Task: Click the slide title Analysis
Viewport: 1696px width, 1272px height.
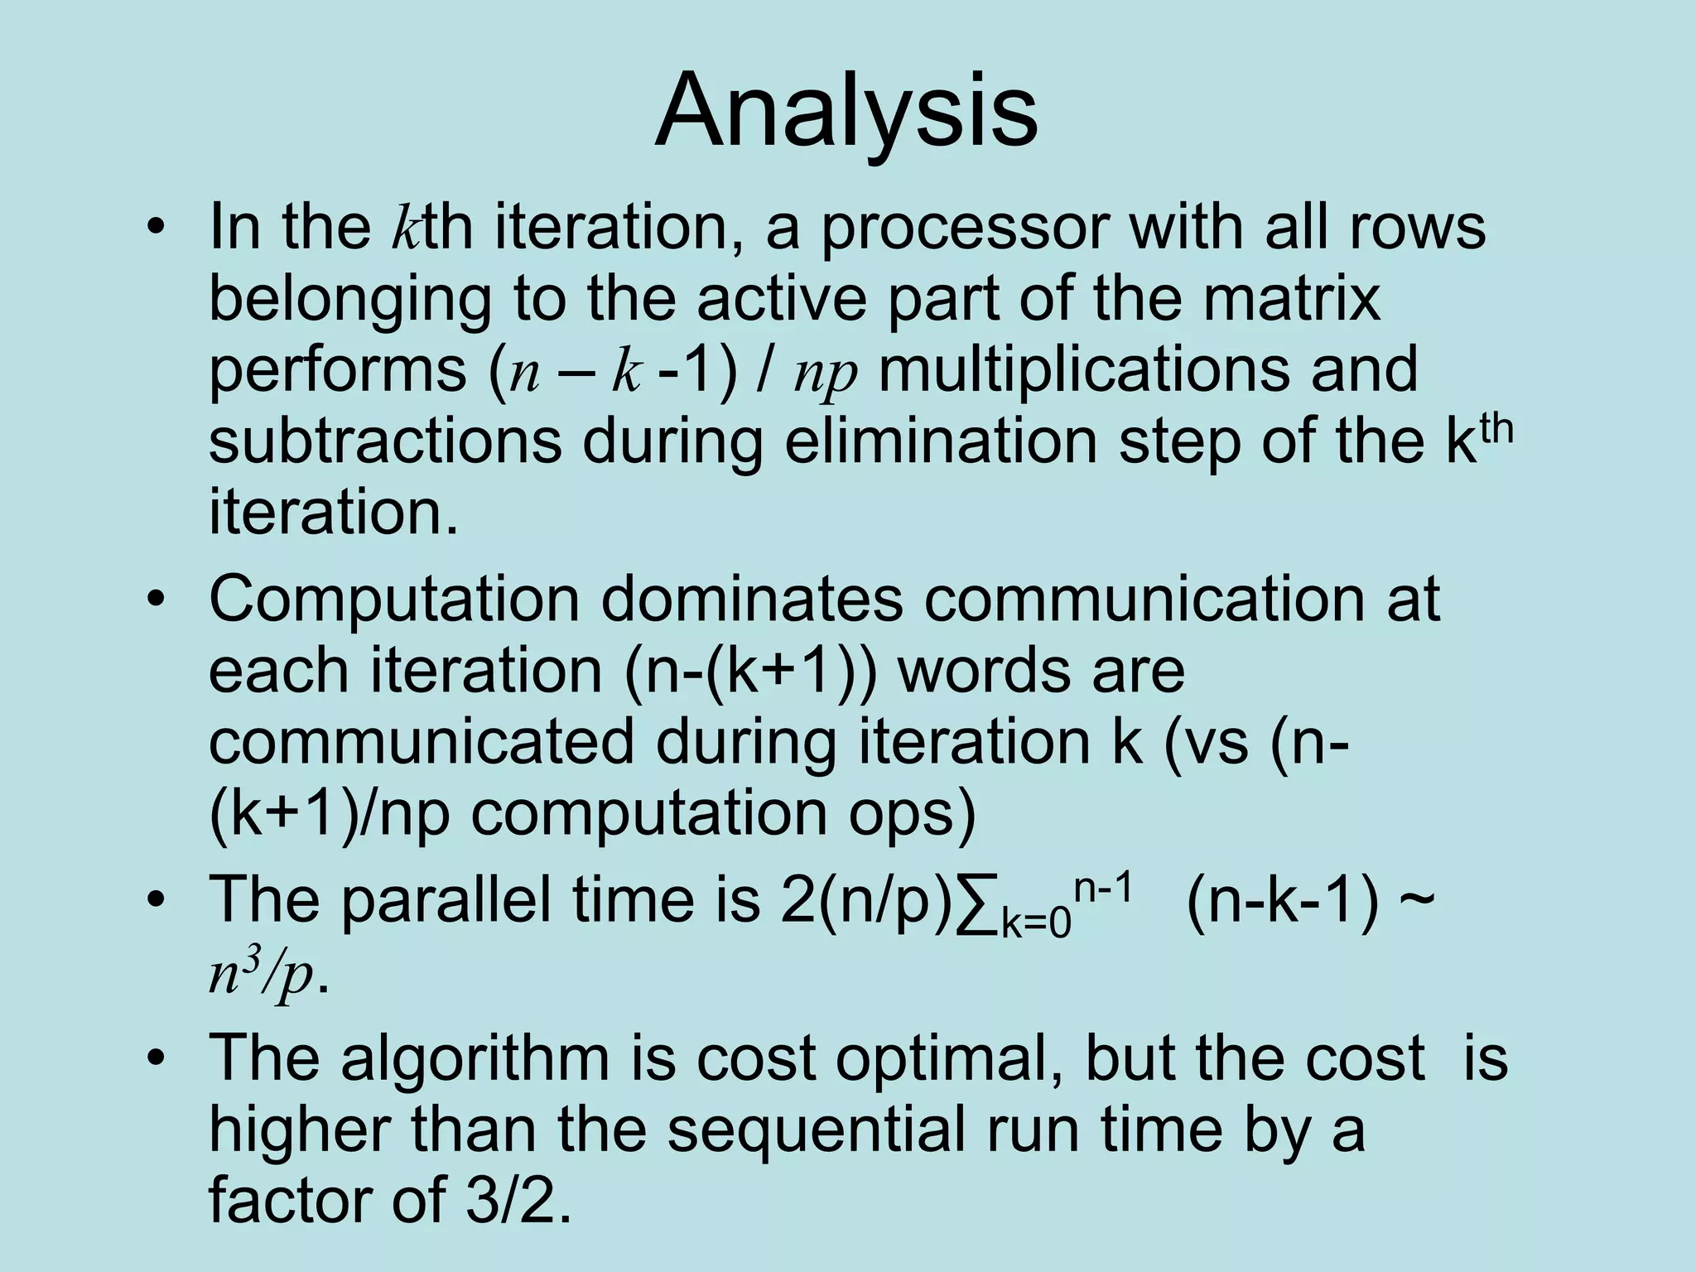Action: tap(846, 111)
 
